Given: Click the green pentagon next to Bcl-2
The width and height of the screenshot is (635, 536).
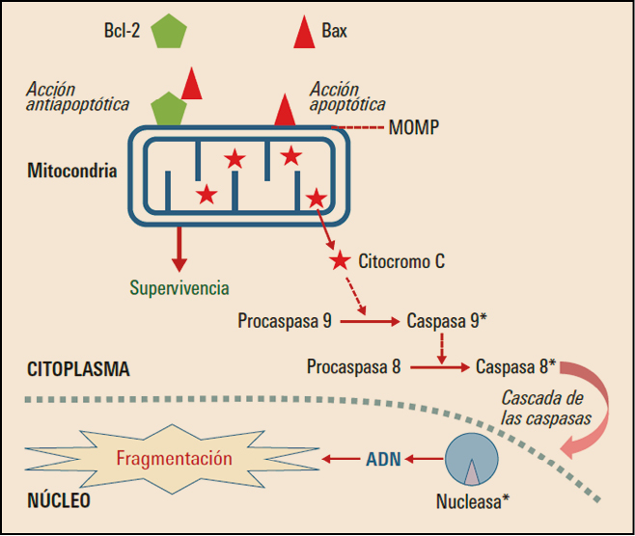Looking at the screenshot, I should [168, 32].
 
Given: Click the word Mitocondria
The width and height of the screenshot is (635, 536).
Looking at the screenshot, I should [72, 172].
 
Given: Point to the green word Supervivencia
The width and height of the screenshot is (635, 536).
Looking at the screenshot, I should [179, 287].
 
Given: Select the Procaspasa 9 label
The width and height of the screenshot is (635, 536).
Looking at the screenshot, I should [285, 320].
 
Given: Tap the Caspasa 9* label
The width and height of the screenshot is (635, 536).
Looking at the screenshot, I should [447, 320].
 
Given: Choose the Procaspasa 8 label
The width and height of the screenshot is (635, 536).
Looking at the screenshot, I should [354, 366].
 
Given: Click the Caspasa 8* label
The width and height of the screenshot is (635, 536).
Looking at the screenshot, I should [515, 366].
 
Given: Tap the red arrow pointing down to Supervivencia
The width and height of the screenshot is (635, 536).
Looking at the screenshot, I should [177, 249].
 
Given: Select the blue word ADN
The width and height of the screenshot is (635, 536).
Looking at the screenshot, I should [382, 459].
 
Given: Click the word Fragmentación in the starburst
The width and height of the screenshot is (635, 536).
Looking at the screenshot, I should [175, 458].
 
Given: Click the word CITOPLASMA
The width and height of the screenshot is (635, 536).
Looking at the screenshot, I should [78, 369].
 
